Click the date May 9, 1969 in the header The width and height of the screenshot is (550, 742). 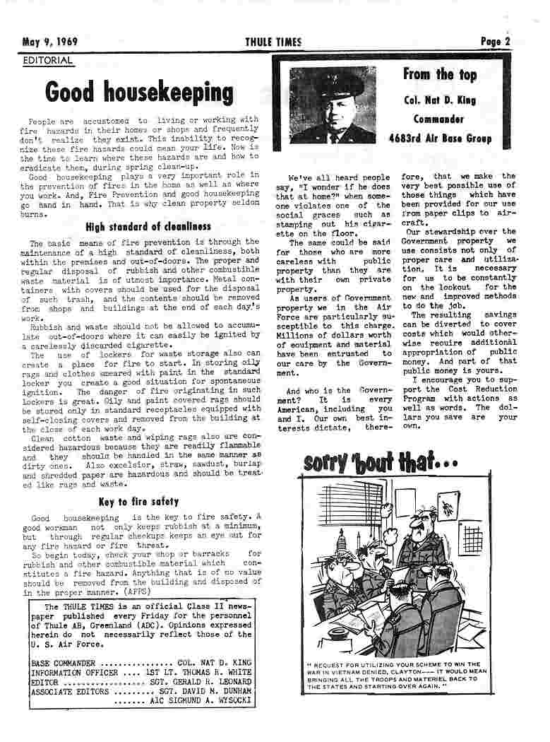[x=49, y=42]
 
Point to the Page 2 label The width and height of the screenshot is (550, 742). [x=495, y=42]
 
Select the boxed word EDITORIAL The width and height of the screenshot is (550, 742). [x=48, y=61]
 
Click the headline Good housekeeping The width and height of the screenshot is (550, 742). [x=139, y=93]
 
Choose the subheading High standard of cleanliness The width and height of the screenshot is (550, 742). [x=148, y=227]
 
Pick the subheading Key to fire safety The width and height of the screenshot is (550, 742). [x=138, y=502]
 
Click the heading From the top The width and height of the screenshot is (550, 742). [x=439, y=74]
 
